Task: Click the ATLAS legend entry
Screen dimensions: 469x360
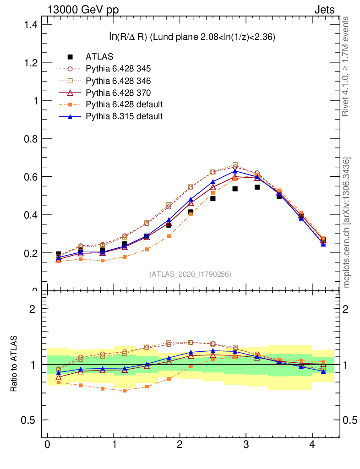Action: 99,57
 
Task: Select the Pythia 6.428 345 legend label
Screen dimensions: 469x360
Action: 118,69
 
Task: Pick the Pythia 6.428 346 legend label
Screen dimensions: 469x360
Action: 118,81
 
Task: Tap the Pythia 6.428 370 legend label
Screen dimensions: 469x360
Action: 118,93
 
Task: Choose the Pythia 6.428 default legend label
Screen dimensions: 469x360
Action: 124,104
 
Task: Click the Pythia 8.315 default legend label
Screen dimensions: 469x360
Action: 124,116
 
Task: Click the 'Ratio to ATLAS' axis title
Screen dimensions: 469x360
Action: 15,363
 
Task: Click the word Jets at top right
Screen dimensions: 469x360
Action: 324,9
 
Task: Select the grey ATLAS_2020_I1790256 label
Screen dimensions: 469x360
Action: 190,274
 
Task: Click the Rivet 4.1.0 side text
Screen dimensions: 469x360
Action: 346,66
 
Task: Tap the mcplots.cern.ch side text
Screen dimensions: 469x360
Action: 347,222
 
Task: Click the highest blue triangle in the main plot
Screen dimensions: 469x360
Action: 235,171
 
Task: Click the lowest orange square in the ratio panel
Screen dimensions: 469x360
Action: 125,391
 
